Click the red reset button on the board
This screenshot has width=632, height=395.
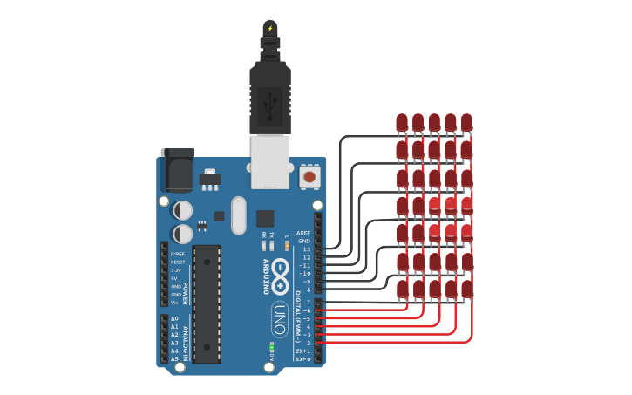pos(309,177)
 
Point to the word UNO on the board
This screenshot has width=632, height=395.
pos(280,311)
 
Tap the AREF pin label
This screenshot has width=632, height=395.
pos(303,233)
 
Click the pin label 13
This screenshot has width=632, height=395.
pos(306,249)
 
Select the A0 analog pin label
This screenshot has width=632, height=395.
pos(174,318)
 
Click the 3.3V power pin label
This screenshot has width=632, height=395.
pos(176,270)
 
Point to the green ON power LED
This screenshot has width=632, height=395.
pos(272,349)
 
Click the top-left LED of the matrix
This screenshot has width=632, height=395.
pos(402,123)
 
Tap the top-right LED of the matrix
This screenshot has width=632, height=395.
pos(466,123)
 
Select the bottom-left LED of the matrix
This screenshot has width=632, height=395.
pos(402,289)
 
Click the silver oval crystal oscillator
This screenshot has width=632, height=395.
pos(239,215)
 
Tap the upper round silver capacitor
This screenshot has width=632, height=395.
pos(183,210)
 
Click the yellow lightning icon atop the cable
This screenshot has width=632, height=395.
pos(270,28)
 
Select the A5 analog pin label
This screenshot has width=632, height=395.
pos(174,358)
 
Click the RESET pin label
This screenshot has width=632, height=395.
pos(178,262)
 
